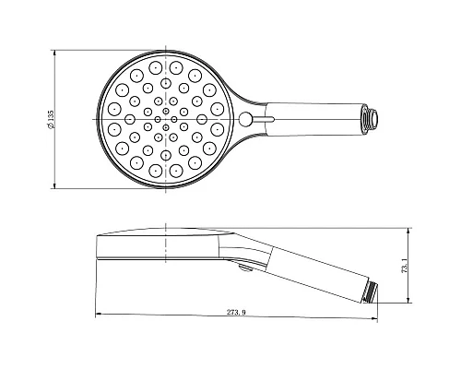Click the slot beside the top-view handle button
pyautogui.click(x=267, y=118)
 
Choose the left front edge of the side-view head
pyautogui.click(x=97, y=249)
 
